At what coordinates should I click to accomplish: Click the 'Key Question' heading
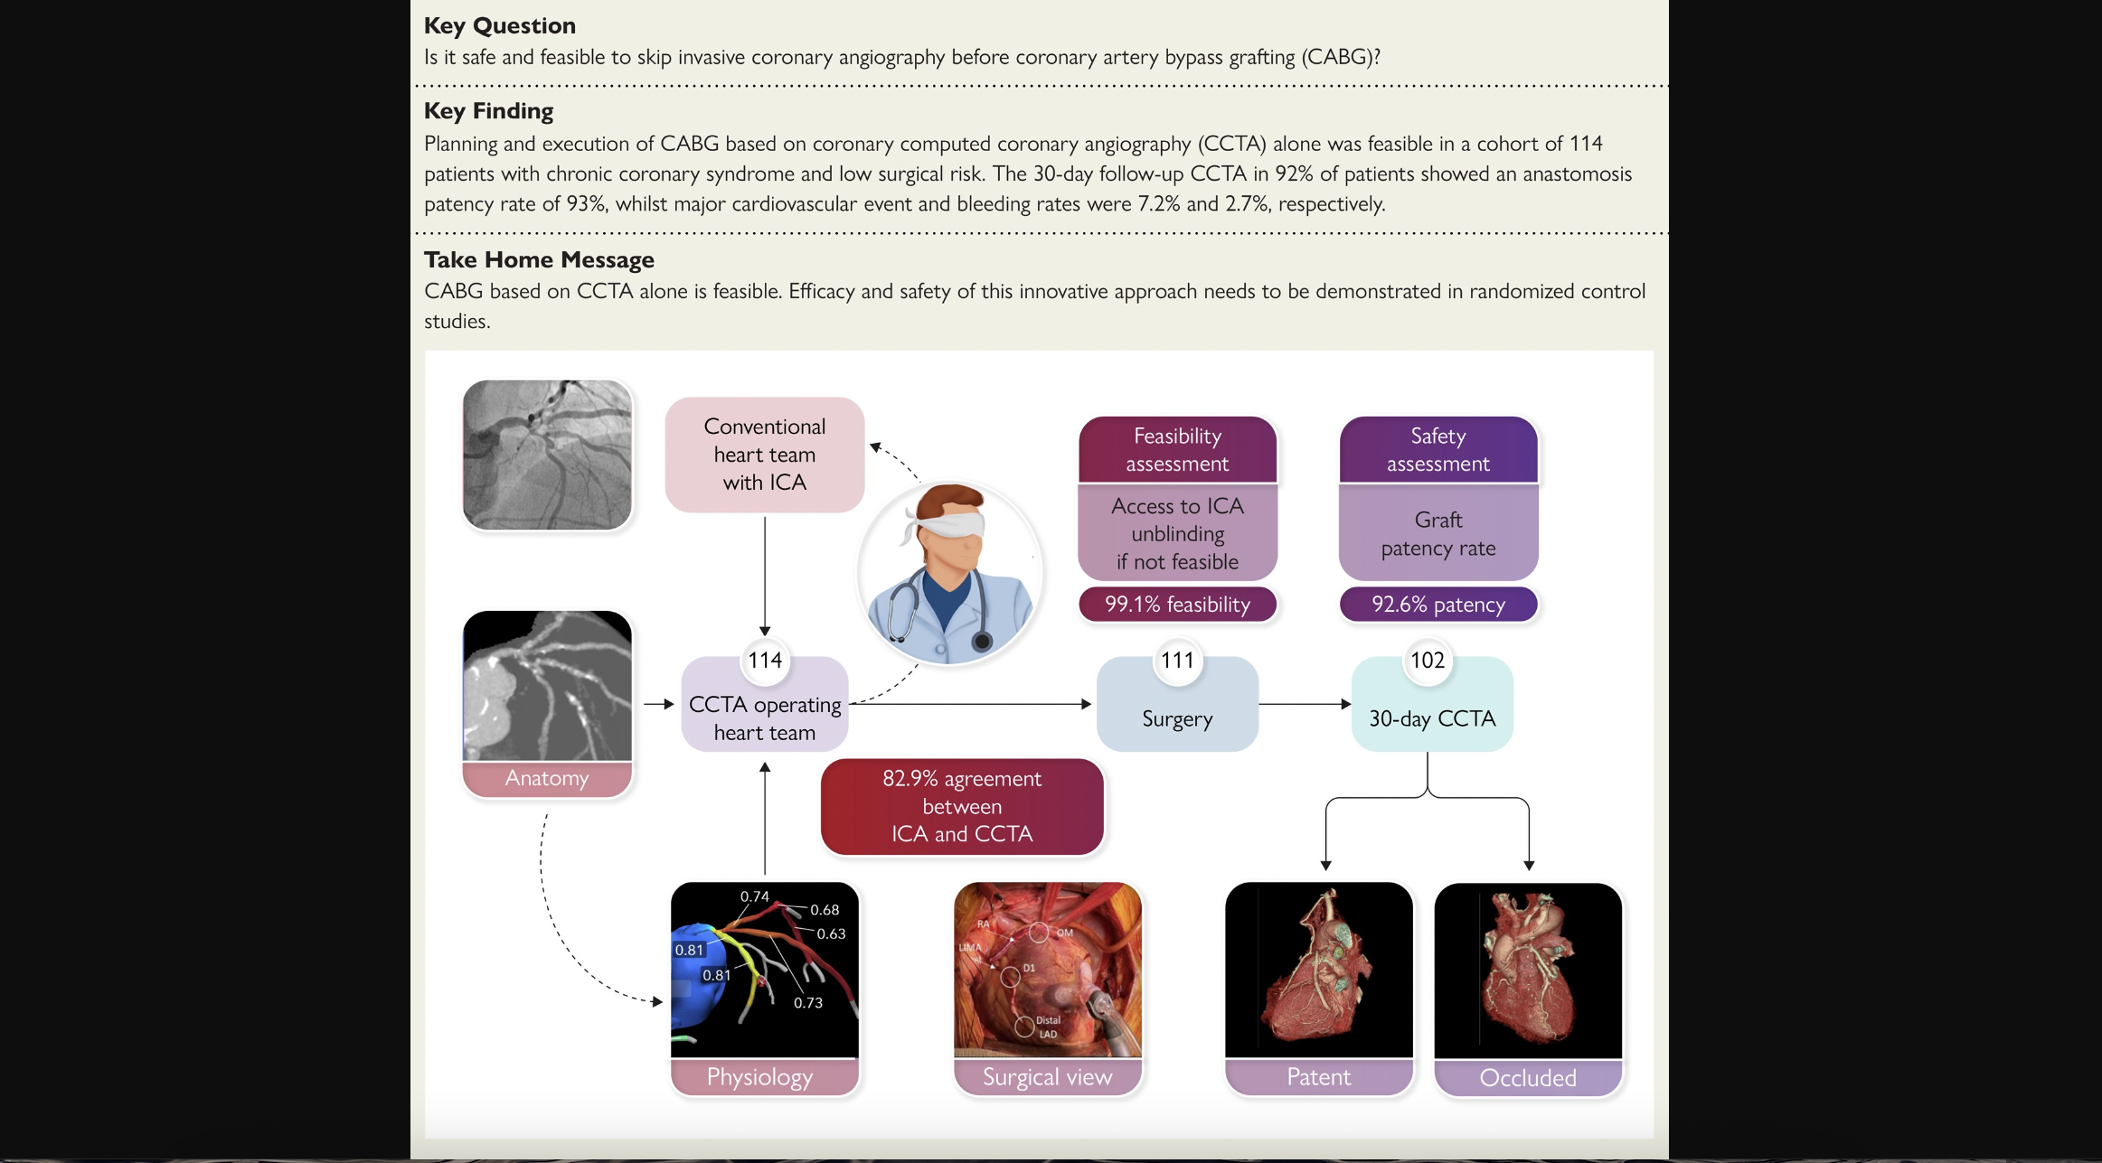pyautogui.click(x=499, y=25)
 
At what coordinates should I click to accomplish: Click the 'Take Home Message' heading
pyautogui.click(x=539, y=259)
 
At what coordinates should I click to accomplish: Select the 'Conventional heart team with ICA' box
pyautogui.click(x=764, y=455)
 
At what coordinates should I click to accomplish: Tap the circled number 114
pyautogui.click(x=765, y=661)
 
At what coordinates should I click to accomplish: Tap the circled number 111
pyautogui.click(x=1177, y=661)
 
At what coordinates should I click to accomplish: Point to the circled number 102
pyautogui.click(x=1428, y=661)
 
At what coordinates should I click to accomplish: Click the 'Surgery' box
pyautogui.click(x=1177, y=717)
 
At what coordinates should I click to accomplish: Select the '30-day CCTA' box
pyautogui.click(x=1432, y=717)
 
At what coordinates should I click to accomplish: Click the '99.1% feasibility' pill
pyautogui.click(x=1177, y=604)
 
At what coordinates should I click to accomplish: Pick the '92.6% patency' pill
pyautogui.click(x=1438, y=604)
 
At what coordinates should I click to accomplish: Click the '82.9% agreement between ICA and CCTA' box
pyautogui.click(x=962, y=806)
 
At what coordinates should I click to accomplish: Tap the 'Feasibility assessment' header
pyautogui.click(x=1177, y=449)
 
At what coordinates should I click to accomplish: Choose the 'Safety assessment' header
pyautogui.click(x=1438, y=449)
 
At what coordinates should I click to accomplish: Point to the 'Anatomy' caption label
pyautogui.click(x=547, y=778)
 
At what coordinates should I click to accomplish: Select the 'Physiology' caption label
pyautogui.click(x=760, y=1077)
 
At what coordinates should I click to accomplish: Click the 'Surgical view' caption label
pyautogui.click(x=1048, y=1077)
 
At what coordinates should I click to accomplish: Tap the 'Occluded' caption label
pyautogui.click(x=1528, y=1078)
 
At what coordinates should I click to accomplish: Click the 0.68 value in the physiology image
pyautogui.click(x=825, y=910)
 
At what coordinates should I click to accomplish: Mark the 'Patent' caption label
pyautogui.click(x=1319, y=1077)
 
